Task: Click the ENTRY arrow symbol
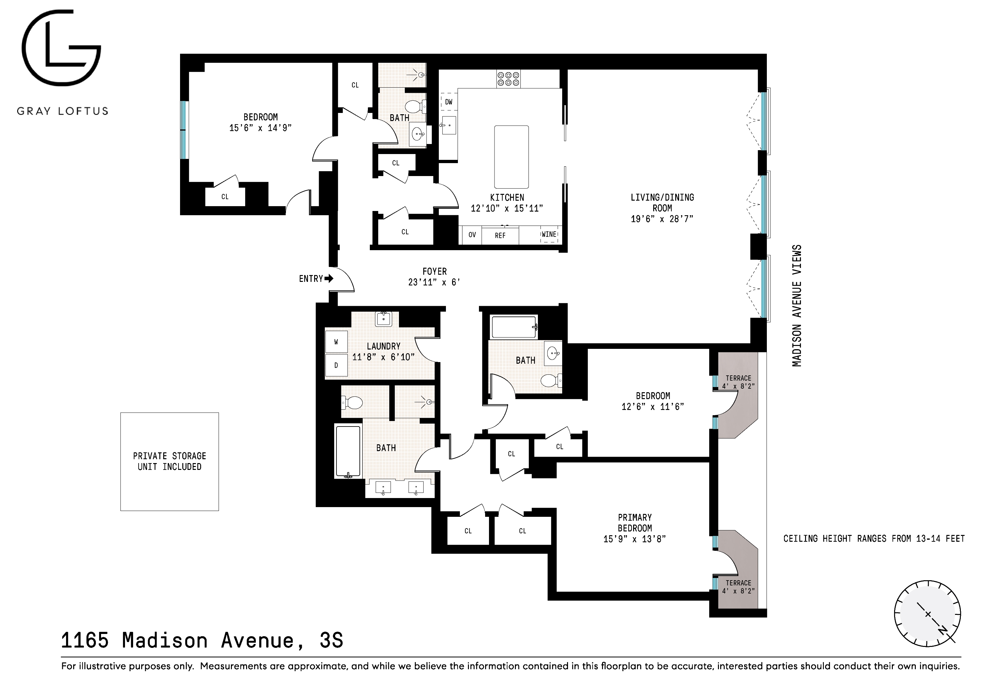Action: click(x=329, y=279)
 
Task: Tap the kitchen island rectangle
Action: click(x=511, y=157)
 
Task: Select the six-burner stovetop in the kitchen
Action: click(x=508, y=78)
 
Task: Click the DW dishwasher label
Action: click(x=449, y=102)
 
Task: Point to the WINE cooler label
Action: click(x=549, y=235)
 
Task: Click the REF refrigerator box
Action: click(x=500, y=236)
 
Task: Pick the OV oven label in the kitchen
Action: click(x=472, y=235)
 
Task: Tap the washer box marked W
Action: click(x=336, y=342)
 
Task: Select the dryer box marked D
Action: click(x=336, y=365)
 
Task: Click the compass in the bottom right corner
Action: click(x=927, y=614)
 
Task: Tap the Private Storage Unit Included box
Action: click(x=169, y=461)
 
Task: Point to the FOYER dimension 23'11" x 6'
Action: click(x=434, y=283)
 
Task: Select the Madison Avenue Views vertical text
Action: click(x=797, y=305)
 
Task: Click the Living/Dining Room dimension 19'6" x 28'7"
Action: click(x=662, y=219)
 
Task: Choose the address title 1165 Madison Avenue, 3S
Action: click(x=202, y=640)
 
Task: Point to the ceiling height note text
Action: click(x=874, y=538)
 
